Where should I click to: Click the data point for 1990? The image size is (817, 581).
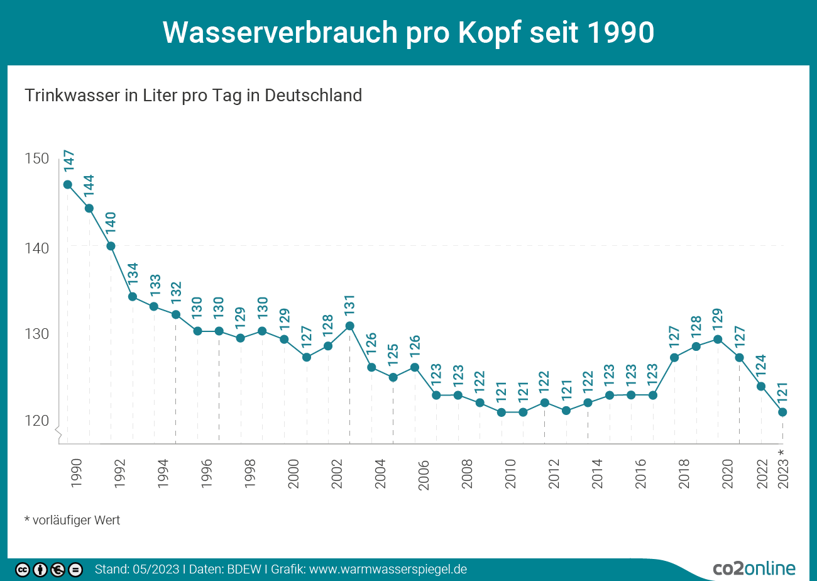click(67, 185)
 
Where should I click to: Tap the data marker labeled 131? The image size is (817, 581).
click(350, 326)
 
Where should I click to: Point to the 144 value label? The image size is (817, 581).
click(90, 187)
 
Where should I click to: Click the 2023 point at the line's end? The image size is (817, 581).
click(782, 412)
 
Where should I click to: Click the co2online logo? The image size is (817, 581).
click(754, 568)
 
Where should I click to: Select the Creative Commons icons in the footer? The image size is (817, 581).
click(49, 570)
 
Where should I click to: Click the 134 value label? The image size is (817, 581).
click(133, 274)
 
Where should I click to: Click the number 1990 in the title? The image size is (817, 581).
click(618, 33)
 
